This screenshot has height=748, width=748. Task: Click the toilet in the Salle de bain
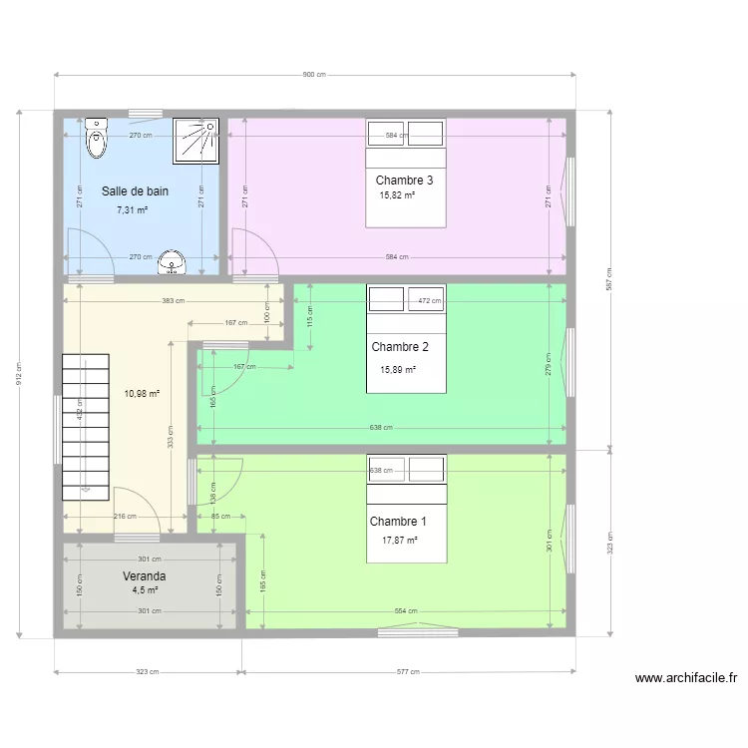pyautogui.click(x=96, y=139)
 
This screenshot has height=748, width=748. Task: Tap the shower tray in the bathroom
pyautogui.click(x=195, y=140)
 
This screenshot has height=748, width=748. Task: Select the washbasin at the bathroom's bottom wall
pyautogui.click(x=173, y=263)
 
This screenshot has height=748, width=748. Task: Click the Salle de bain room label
pyautogui.click(x=135, y=190)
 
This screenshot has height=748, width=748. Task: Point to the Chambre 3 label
pyautogui.click(x=404, y=181)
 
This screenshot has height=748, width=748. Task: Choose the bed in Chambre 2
pyautogui.click(x=406, y=338)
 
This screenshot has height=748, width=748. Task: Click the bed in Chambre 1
pyautogui.click(x=406, y=509)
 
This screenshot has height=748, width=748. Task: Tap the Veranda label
pyautogui.click(x=144, y=576)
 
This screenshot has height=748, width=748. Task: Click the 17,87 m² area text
pyautogui.click(x=399, y=540)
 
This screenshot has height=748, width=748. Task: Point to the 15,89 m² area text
pyautogui.click(x=398, y=369)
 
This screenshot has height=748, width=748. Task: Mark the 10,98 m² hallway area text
pyautogui.click(x=142, y=393)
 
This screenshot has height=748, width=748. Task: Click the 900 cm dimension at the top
pyautogui.click(x=314, y=75)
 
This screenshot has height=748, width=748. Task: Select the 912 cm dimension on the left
pyautogui.click(x=19, y=373)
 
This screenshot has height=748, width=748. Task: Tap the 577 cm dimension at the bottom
pyautogui.click(x=407, y=671)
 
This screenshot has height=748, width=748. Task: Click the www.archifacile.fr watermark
pyautogui.click(x=686, y=678)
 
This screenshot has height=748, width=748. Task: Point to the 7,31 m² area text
pyautogui.click(x=132, y=210)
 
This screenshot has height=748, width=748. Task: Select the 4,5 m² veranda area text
pyautogui.click(x=145, y=589)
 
